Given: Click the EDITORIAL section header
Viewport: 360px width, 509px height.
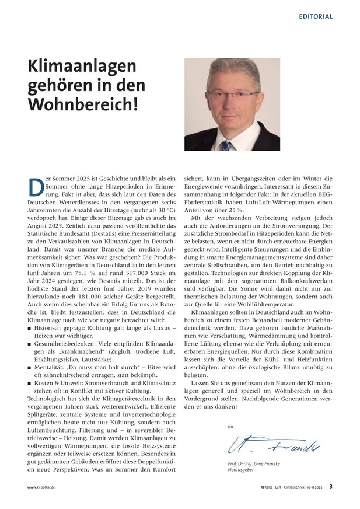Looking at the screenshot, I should point(316,16).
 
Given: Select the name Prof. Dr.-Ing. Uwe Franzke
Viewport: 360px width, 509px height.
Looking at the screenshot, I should point(255,463).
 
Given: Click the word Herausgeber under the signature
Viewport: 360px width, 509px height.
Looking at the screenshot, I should point(242,469).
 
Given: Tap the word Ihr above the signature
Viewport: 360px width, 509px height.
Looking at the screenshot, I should point(230,427).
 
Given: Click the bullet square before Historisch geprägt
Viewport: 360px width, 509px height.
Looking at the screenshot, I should point(30,329).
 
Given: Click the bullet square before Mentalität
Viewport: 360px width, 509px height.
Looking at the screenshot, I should point(30,369).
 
